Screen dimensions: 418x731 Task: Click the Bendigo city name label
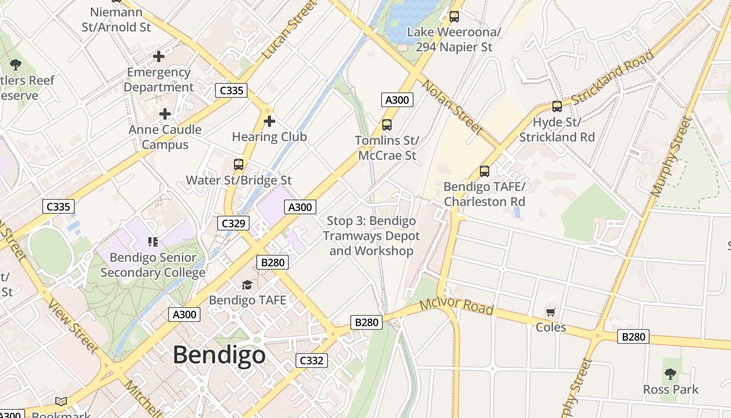(x=219, y=355)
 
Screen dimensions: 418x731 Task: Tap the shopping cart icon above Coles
(x=550, y=312)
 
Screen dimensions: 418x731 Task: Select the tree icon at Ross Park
(x=670, y=374)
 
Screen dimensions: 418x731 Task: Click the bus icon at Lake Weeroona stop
(x=454, y=17)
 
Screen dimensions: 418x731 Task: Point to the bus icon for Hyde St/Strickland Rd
(x=557, y=107)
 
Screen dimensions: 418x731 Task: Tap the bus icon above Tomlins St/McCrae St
(x=387, y=125)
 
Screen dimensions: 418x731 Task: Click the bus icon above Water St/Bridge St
(x=239, y=165)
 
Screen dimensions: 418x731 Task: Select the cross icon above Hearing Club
(x=269, y=122)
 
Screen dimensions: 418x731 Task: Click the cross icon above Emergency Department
(x=159, y=56)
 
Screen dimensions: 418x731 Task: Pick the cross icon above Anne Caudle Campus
(x=165, y=114)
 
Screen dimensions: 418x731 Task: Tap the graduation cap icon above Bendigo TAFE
(x=247, y=285)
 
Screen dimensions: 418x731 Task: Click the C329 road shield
(x=233, y=224)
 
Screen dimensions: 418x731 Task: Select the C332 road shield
(x=312, y=360)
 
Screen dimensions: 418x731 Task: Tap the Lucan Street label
(x=290, y=30)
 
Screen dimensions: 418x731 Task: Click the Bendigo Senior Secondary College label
(x=152, y=265)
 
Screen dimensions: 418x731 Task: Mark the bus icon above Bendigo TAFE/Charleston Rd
(x=485, y=171)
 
